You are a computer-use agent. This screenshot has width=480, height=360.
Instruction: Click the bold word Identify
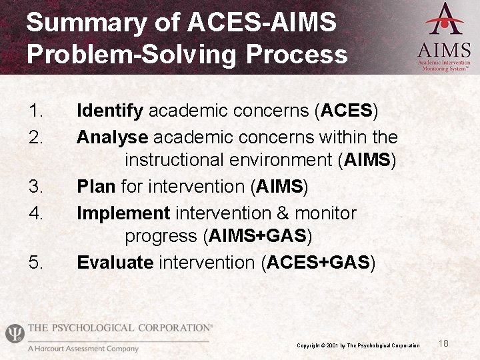[x=110, y=111]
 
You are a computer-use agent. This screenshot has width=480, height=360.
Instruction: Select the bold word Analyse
[x=113, y=137]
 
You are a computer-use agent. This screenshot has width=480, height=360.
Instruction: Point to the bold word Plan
[x=97, y=187]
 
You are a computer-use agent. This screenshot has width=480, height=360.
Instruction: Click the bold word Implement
[x=123, y=213]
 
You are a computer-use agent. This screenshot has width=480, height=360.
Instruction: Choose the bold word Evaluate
[x=115, y=263]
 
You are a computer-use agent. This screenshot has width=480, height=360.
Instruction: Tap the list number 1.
[x=36, y=111]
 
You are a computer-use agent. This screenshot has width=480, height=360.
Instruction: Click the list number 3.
[x=36, y=187]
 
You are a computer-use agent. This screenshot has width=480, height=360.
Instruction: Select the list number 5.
[x=36, y=263]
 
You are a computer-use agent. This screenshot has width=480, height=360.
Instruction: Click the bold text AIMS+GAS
[x=257, y=237]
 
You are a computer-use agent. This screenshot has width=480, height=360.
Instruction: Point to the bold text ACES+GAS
[x=318, y=263]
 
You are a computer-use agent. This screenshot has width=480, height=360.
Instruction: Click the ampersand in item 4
[x=282, y=213]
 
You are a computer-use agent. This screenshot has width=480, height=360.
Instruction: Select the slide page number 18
[x=444, y=343]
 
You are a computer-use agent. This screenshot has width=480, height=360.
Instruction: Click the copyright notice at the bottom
[x=358, y=345]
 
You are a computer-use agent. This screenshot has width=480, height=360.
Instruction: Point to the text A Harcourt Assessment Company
[x=83, y=349]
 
